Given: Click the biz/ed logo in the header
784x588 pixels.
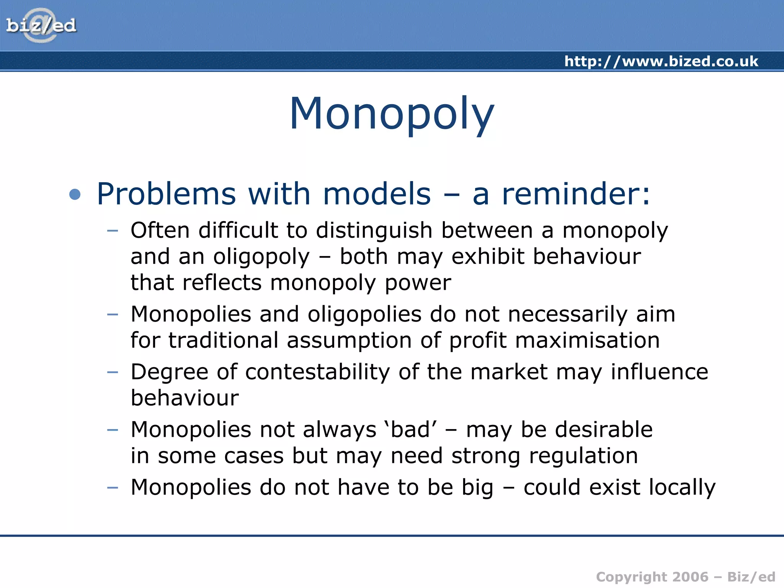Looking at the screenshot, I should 41,25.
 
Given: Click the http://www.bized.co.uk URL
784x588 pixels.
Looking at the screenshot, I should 661,61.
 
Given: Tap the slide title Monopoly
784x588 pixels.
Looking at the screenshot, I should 392,114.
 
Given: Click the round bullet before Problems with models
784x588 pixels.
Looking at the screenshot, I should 75,194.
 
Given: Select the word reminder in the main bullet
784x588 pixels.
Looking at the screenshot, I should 575,194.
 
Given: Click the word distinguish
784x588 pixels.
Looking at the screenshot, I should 374,230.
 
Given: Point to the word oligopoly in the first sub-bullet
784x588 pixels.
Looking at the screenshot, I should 261,257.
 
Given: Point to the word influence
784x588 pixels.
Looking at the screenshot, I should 659,372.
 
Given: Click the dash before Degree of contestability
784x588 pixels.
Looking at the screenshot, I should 112,372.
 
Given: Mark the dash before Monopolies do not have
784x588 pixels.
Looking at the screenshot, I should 112,488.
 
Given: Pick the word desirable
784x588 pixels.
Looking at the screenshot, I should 604,430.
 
